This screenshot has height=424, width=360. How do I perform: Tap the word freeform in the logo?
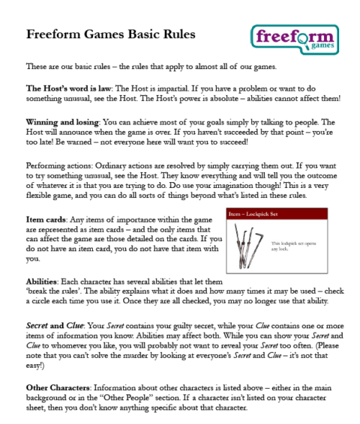coord(290,35)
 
